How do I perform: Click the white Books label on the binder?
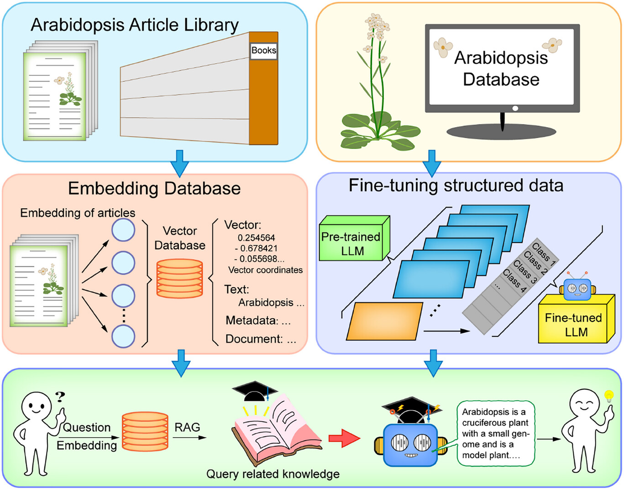click(264, 51)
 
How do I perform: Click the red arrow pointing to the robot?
click(344, 438)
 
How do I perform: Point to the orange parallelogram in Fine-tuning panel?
click(384, 321)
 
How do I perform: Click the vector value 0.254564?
click(256, 237)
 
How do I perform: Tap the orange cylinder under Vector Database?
click(179, 278)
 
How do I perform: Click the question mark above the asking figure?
click(60, 397)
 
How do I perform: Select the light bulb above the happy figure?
click(608, 395)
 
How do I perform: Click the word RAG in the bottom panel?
click(187, 427)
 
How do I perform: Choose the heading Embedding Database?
click(154, 188)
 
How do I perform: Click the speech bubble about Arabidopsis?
click(496, 433)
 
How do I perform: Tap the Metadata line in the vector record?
click(258, 320)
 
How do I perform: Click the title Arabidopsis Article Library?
click(135, 25)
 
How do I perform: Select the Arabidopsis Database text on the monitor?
click(501, 68)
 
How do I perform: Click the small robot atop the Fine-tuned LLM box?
click(577, 288)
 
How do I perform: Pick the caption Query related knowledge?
click(273, 474)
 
